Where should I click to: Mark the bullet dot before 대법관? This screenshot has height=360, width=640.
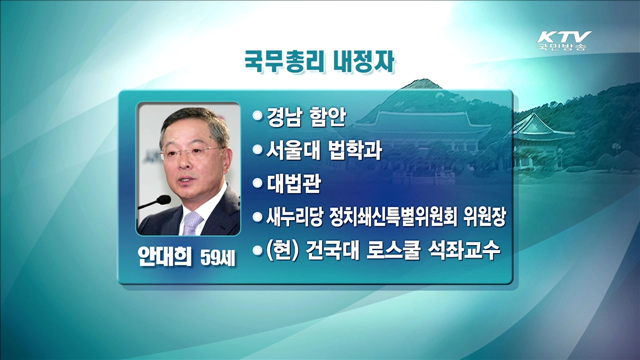[x=258, y=184]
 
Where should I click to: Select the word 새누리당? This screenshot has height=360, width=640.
[x=295, y=216]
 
